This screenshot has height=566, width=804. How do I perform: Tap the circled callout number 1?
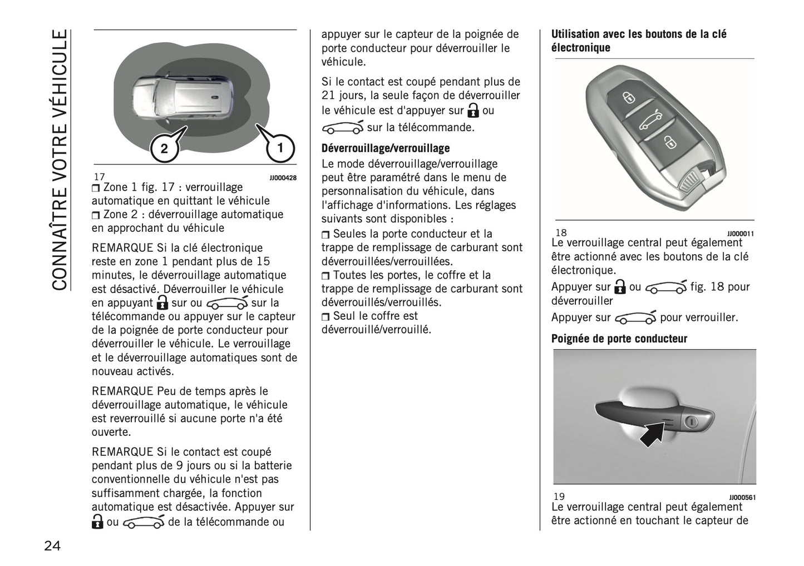(280, 147)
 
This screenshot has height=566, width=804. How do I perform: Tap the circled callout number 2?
(164, 148)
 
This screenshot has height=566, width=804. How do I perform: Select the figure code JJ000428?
(283, 178)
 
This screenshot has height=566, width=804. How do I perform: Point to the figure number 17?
(99, 177)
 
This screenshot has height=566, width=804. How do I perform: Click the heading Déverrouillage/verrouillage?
(386, 148)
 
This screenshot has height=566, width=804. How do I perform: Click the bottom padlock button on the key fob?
(671, 144)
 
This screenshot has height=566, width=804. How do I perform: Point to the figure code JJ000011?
(740, 234)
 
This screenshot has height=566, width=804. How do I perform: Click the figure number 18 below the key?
(560, 233)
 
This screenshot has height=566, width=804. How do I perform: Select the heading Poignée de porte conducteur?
(619, 339)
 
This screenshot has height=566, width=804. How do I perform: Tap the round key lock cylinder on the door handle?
(690, 422)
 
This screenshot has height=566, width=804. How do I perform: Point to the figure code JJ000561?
(742, 498)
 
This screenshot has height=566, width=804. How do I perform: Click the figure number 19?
(559, 497)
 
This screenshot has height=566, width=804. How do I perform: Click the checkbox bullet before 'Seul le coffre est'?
(326, 317)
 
